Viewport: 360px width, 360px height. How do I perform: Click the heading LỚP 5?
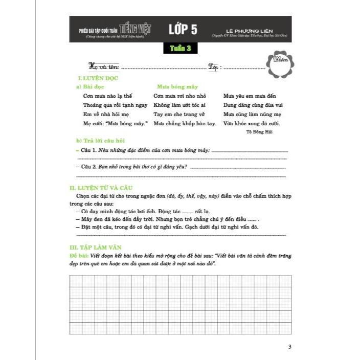tap(183, 29)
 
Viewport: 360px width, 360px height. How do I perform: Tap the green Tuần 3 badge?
tap(181, 49)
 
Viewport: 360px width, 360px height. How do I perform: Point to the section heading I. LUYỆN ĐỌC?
tap(97, 78)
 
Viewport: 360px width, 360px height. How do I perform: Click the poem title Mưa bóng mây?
tap(177, 87)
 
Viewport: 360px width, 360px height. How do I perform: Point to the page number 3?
tap(289, 347)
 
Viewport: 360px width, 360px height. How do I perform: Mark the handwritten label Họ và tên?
tap(104, 66)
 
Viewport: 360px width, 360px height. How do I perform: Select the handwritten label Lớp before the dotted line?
tap(214, 66)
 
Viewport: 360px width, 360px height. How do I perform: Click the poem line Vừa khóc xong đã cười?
tap(252, 123)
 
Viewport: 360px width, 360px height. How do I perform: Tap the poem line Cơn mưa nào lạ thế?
tap(107, 96)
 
